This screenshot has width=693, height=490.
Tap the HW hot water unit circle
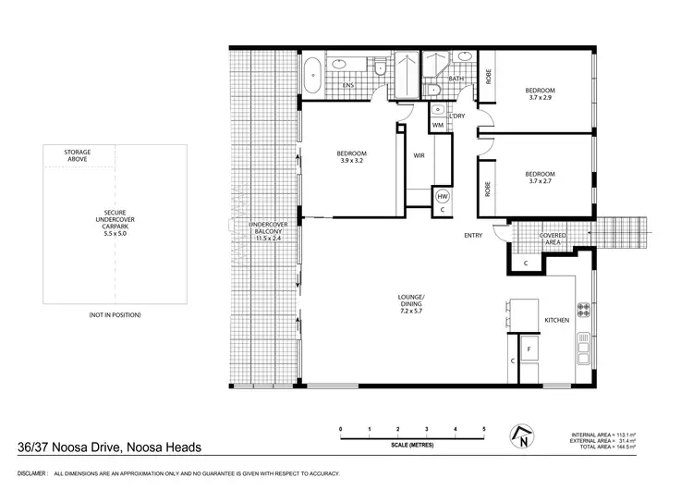pyautogui.click(x=442, y=197)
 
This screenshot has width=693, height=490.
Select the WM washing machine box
pyautogui.click(x=438, y=124)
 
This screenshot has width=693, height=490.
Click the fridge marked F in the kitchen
pyautogui.click(x=529, y=350)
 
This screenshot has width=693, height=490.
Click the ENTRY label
pyautogui.click(x=473, y=236)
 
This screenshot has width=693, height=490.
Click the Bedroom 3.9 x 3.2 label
pyautogui.click(x=351, y=157)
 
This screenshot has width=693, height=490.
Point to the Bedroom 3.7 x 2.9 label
pyautogui.click(x=540, y=94)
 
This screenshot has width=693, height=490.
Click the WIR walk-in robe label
pyautogui.click(x=418, y=154)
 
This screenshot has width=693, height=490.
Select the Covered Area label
pyautogui.click(x=553, y=239)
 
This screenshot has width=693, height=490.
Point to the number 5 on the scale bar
pyautogui.click(x=482, y=430)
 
